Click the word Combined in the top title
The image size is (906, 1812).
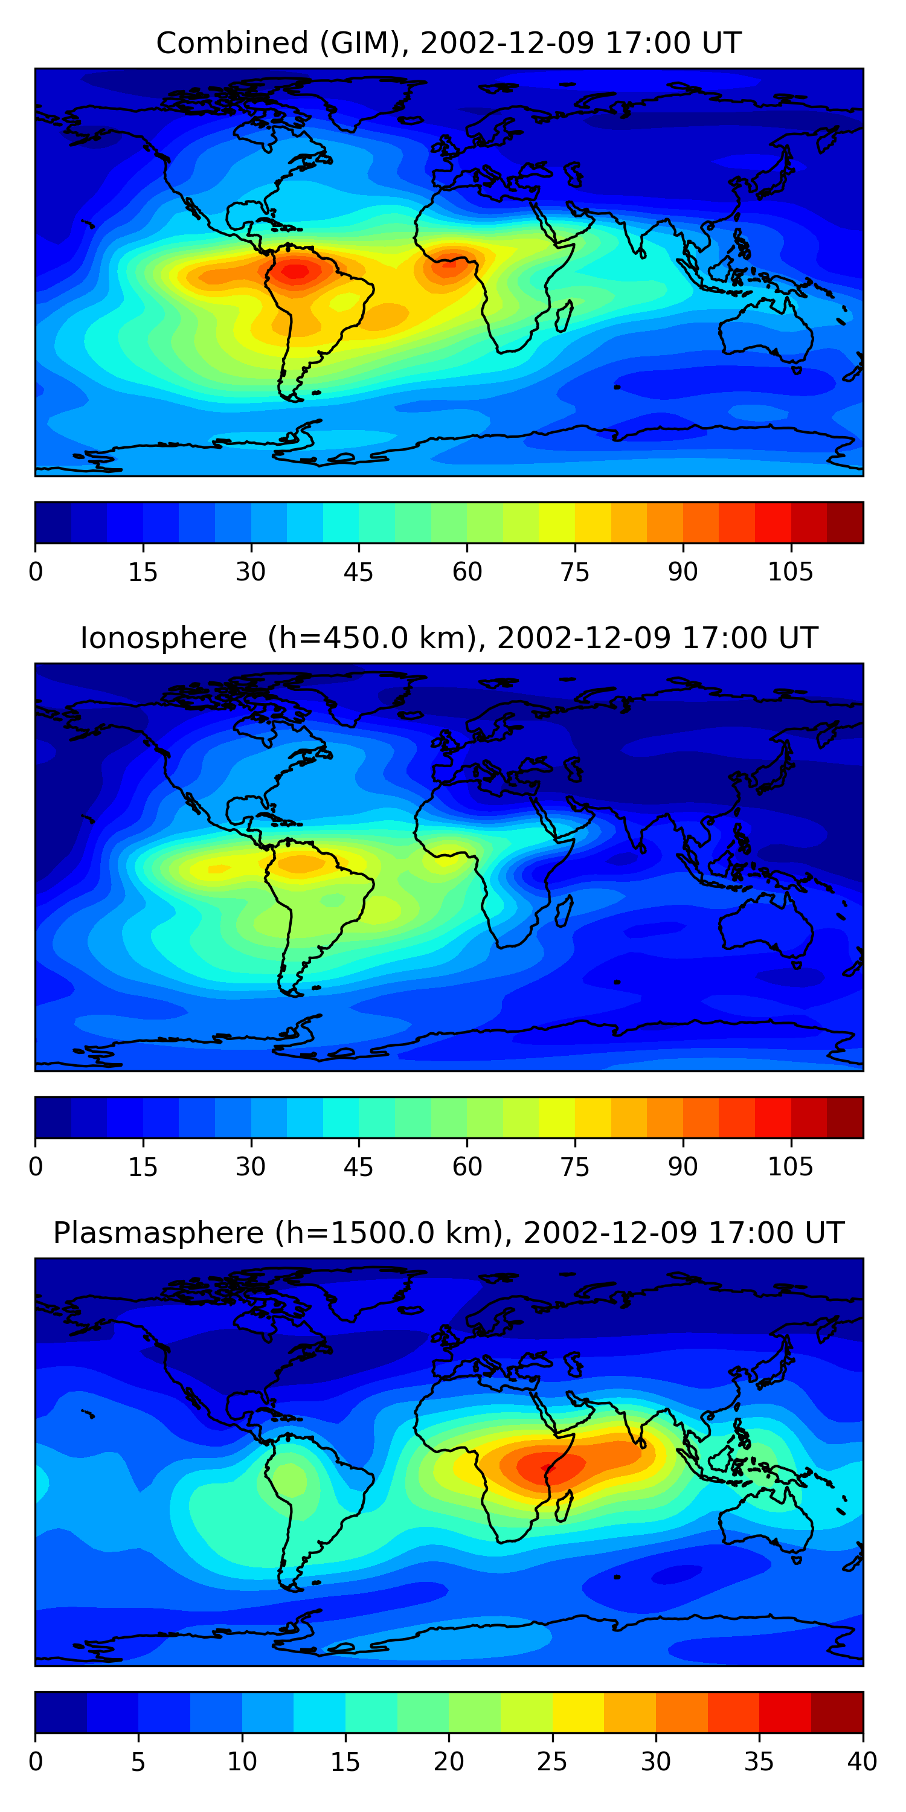[232, 43]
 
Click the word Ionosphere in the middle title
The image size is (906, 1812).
[163, 638]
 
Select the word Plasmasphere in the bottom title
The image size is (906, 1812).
[158, 1233]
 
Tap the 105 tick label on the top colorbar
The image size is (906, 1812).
[791, 572]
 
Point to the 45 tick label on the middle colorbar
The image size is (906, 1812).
[359, 1167]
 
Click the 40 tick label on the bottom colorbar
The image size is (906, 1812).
[863, 1762]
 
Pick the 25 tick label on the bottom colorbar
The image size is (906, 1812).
[552, 1762]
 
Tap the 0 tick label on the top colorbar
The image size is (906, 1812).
[36, 572]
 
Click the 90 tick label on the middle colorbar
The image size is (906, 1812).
[683, 1167]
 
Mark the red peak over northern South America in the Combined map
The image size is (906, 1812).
[295, 270]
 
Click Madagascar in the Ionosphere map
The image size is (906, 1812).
[564, 910]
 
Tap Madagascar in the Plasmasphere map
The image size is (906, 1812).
[564, 1505]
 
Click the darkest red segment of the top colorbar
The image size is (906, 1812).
[845, 522]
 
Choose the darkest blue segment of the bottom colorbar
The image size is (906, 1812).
[61, 1713]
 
